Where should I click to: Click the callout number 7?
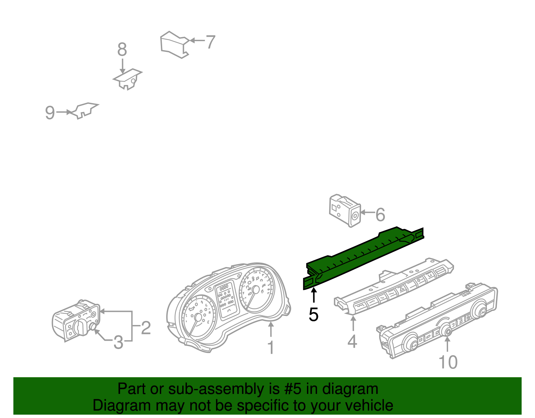click(x=210, y=42)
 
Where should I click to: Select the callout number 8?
click(x=122, y=49)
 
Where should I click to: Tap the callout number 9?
click(x=50, y=112)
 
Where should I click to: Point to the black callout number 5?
click(x=313, y=315)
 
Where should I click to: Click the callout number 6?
click(x=380, y=214)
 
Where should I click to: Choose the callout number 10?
click(x=448, y=362)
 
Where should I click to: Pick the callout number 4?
click(x=352, y=341)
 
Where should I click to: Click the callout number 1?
click(x=271, y=348)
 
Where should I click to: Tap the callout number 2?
click(x=146, y=328)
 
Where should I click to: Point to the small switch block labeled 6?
click(x=345, y=211)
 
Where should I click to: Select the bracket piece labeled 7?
click(x=175, y=45)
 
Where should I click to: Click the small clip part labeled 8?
click(x=127, y=79)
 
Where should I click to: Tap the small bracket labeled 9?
click(x=84, y=110)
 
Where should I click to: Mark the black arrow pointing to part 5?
click(x=314, y=295)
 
